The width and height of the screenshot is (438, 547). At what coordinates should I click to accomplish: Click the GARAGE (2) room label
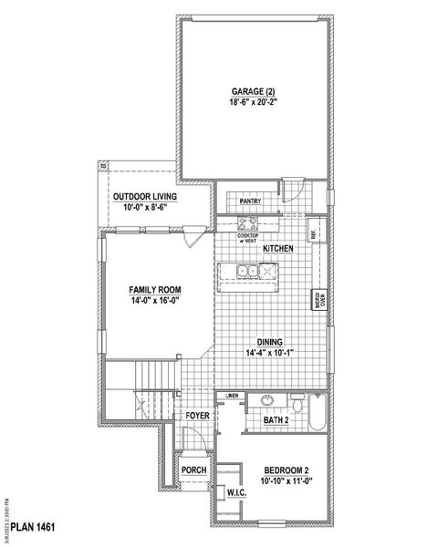(255, 92)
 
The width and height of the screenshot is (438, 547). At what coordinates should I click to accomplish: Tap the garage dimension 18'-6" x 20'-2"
(255, 103)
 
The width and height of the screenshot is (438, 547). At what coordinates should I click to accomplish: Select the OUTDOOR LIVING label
(144, 197)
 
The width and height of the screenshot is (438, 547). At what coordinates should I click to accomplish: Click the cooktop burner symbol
(247, 223)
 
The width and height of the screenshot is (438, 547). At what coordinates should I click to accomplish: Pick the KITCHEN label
(277, 248)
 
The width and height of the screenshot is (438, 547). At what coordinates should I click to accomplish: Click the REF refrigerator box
(313, 232)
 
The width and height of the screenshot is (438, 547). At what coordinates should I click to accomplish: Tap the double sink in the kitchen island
(245, 270)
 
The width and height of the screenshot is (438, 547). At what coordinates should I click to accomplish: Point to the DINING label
(267, 343)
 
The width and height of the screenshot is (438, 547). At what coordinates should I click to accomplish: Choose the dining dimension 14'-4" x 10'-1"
(267, 354)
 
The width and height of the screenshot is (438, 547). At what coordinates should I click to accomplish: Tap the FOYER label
(198, 416)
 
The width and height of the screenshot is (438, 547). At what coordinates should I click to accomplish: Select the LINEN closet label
(232, 396)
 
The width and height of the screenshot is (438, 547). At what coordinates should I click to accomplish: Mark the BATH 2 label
(276, 420)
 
